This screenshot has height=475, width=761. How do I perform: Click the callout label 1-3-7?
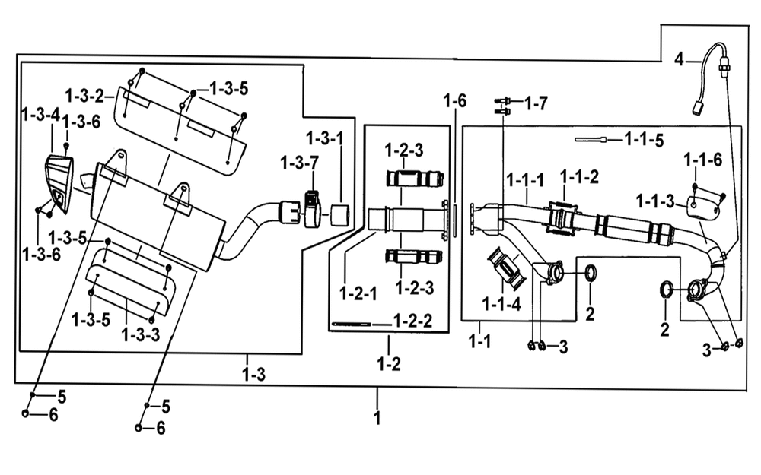pos(299,163)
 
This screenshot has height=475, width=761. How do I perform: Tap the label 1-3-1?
pos(325,138)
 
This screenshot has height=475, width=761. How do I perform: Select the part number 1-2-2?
pos(412,321)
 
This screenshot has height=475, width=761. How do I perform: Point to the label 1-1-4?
pos(501,304)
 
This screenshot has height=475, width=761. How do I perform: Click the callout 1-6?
pos(455,101)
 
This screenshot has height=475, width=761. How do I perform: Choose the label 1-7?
pos(537,103)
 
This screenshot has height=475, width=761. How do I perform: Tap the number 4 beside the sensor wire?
pos(679,59)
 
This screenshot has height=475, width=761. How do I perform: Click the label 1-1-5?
pos(644,140)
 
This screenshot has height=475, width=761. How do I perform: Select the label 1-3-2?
pos(85,96)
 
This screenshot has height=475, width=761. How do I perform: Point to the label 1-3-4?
pos(41,116)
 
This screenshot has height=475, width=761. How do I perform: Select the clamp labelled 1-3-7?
pos(312,210)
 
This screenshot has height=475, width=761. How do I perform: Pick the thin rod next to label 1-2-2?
pos(351,324)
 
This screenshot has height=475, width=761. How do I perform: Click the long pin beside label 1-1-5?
pos(591,140)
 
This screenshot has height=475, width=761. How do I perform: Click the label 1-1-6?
pos(702,160)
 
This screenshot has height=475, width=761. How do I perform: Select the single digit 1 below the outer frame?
pos(377,418)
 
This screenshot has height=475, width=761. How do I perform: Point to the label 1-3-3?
pos(140,334)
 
